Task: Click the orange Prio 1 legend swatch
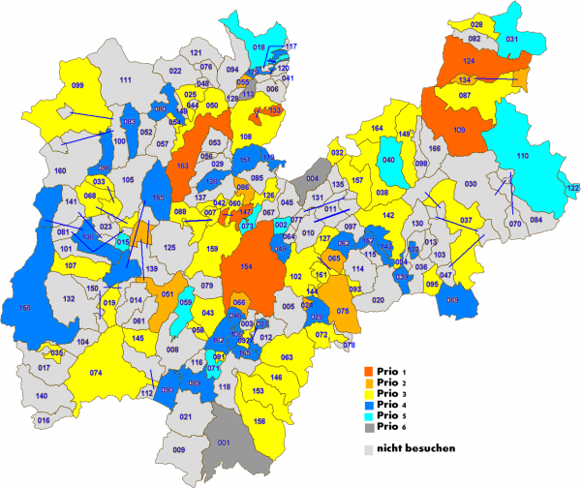point(369,372)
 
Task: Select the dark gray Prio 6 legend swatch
point(369,427)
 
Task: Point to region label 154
point(247,266)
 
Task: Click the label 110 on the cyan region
point(522,156)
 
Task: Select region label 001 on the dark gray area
point(225,442)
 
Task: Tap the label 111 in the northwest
point(125,78)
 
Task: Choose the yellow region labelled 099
point(78,86)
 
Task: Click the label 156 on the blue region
point(24,308)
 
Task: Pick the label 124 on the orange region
point(469,61)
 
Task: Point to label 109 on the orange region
point(458,130)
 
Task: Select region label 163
point(181,167)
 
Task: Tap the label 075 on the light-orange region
point(342,311)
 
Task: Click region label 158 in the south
point(259,421)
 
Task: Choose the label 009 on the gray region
point(178,450)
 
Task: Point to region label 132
point(69,300)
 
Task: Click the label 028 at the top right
point(476,24)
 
